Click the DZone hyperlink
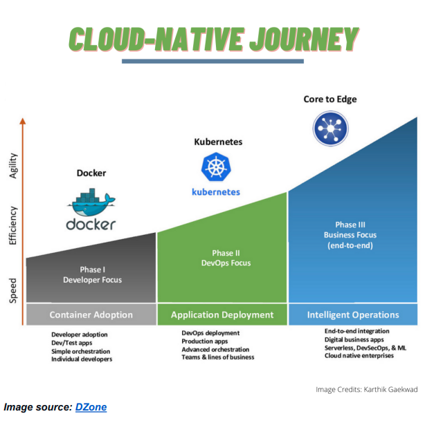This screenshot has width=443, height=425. click(90, 407)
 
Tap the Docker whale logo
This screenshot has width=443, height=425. click(91, 205)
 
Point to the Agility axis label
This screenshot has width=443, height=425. click(12, 165)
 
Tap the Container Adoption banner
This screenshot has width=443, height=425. click(91, 314)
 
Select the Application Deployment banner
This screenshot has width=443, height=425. click(221, 314)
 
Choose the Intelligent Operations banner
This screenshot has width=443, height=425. click(353, 314)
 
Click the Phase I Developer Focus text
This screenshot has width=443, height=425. click(91, 275)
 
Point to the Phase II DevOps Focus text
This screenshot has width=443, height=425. click(221, 258)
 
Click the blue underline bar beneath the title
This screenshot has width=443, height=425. click(213, 61)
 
